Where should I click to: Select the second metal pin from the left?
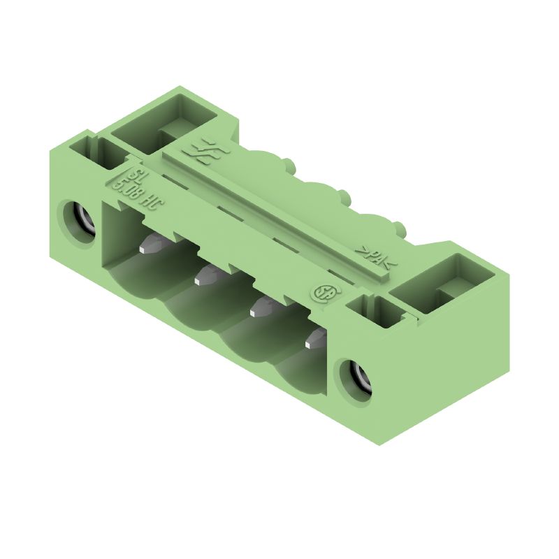click(x=205, y=276)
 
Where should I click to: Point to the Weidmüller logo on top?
click(x=198, y=150)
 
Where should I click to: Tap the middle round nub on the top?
click(x=344, y=194)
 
